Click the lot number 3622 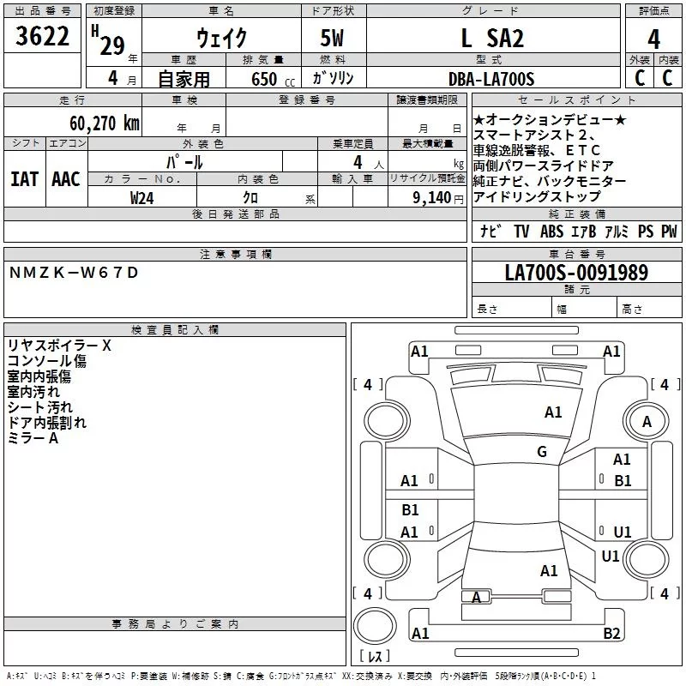44,39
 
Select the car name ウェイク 222,38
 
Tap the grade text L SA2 492,38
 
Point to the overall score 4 654,39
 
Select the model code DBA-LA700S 491,79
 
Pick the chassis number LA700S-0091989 576,273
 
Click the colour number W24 141,197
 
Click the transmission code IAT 24,178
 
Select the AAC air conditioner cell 66,178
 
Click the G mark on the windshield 542,451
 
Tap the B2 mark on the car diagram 611,633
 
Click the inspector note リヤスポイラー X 59,346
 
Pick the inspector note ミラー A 33,438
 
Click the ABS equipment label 551,232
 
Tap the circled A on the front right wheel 647,421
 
